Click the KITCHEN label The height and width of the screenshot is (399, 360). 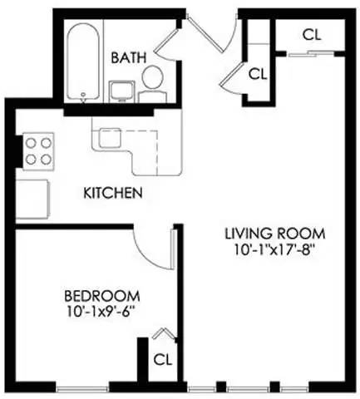coord(113,194)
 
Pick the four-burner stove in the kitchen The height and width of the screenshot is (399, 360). coord(38,151)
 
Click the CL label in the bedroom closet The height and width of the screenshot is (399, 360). coord(162,360)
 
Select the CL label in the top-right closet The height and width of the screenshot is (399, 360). coord(312,34)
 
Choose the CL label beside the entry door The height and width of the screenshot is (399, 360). coord(258,73)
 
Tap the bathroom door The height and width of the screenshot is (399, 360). coord(173,42)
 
